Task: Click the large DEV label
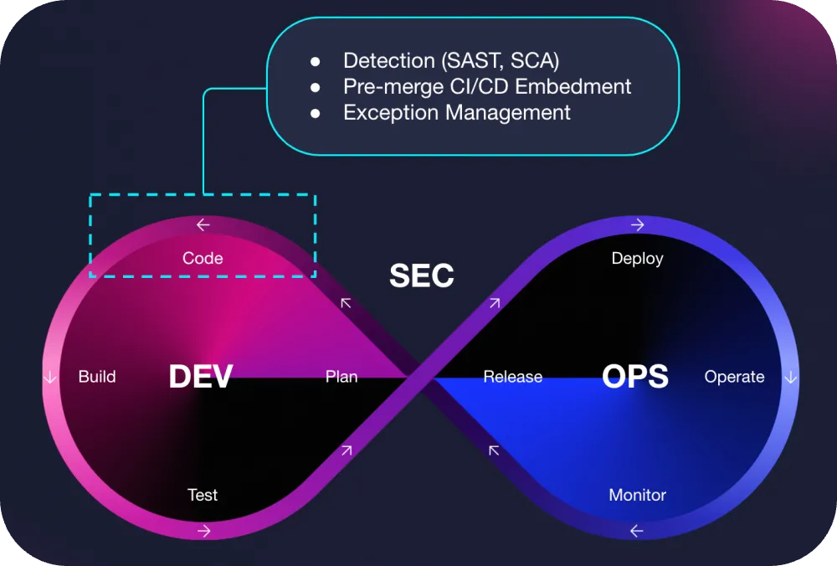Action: pos(200,377)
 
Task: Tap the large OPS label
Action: pos(635,377)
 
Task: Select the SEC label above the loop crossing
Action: pos(422,276)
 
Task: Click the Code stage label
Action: pos(203,258)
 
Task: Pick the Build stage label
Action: pos(97,377)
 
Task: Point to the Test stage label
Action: pos(203,495)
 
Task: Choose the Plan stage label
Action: pos(341,377)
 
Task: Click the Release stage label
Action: pos(512,377)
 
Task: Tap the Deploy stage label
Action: pos(637,258)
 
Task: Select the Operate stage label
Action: pos(734,377)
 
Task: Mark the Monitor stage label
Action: pos(637,495)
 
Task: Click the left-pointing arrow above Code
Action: pos(203,224)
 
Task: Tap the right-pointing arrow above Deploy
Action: pos(637,224)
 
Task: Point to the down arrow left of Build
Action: pos(49,377)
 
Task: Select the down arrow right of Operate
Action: pos(790,377)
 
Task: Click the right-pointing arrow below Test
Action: pos(203,530)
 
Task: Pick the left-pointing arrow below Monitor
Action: pos(637,530)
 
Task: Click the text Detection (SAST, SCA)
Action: pos(451,60)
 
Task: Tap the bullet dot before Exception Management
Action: pos(316,113)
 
